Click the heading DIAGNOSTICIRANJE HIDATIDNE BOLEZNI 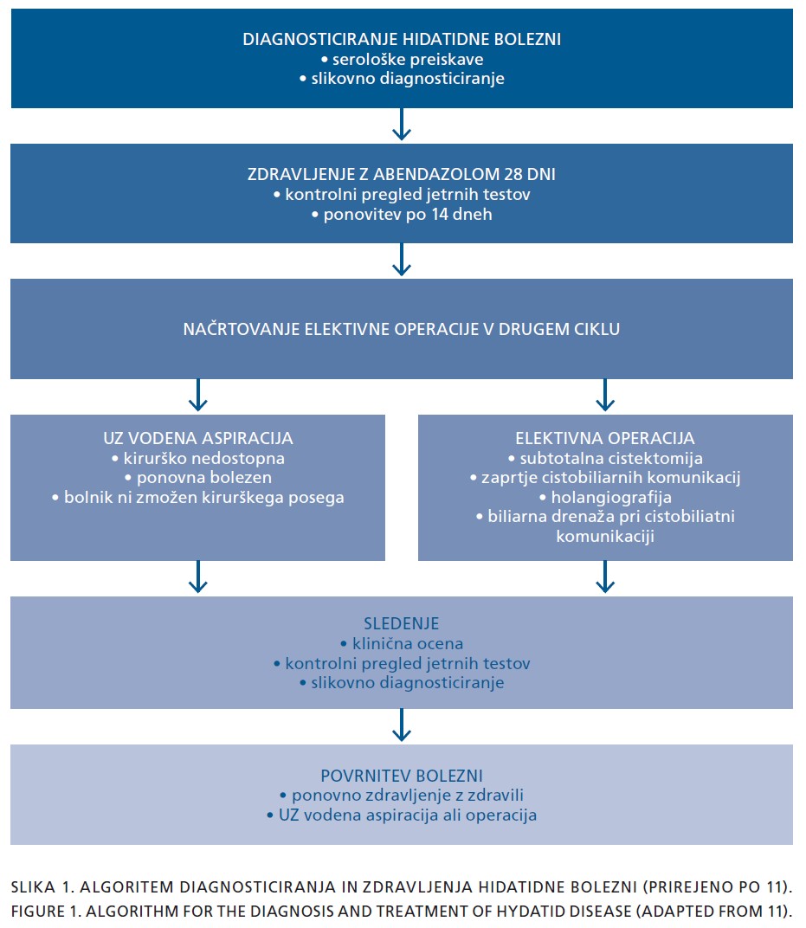(402, 39)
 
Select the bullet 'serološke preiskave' (402, 59)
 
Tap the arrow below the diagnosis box (402, 124)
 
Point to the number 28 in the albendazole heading (513, 174)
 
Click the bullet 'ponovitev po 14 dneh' (402, 214)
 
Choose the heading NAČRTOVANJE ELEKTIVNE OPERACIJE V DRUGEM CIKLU (402, 329)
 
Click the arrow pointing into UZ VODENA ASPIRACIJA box (197, 395)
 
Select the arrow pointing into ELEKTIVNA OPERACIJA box (605, 395)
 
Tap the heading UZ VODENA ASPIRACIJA (197, 438)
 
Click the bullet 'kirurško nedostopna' (197, 458)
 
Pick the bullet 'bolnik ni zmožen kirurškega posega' (197, 497)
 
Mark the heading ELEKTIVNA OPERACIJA (605, 438)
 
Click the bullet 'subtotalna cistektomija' (605, 458)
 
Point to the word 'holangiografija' (611, 497)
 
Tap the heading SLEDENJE (402, 624)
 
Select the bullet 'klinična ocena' (402, 643)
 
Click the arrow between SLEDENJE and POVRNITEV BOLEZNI (402, 725)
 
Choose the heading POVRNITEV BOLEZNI (402, 776)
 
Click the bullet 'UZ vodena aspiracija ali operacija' (402, 815)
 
